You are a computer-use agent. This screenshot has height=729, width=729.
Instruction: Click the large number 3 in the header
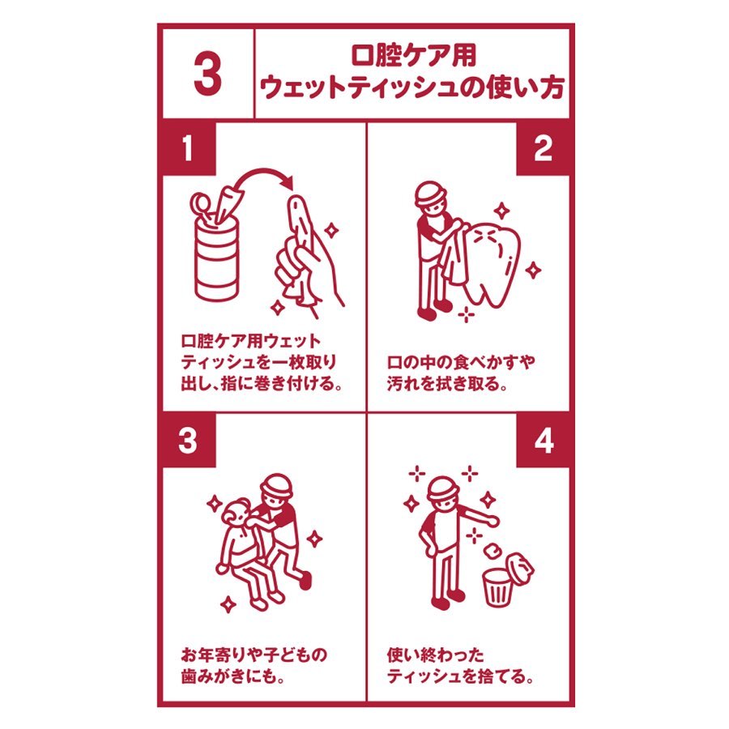pyautogui.click(x=207, y=75)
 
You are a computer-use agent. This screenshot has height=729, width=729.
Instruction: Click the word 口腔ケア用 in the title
pyautogui.click(x=413, y=55)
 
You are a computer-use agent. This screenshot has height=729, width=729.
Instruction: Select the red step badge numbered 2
pyautogui.click(x=543, y=148)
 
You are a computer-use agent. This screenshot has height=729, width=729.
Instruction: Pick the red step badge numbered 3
pyautogui.click(x=189, y=441)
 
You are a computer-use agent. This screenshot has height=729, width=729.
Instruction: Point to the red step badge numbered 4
pyautogui.click(x=543, y=441)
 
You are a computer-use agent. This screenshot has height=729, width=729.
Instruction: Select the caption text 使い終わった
pyautogui.click(x=435, y=655)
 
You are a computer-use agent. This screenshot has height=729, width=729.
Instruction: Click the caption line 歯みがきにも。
pyautogui.click(x=232, y=676)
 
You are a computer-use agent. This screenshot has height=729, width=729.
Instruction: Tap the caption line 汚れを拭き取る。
pyautogui.click(x=447, y=384)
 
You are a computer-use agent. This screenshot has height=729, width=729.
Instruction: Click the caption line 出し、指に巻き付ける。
pyautogui.click(x=262, y=384)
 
